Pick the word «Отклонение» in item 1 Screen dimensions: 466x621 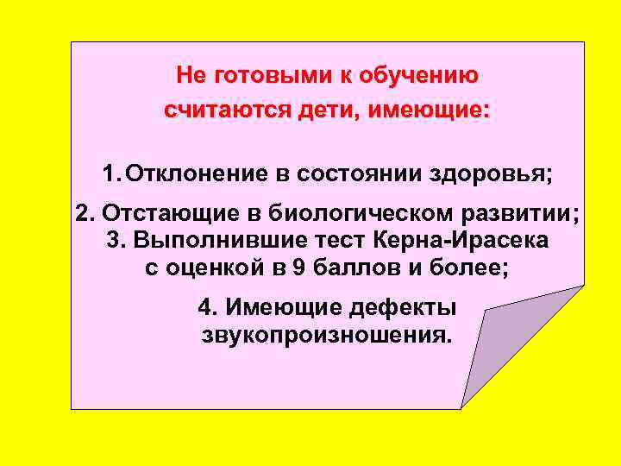(x=198, y=173)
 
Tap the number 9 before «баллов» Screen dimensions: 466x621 (x=298, y=268)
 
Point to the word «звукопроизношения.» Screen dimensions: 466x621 (x=326, y=335)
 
